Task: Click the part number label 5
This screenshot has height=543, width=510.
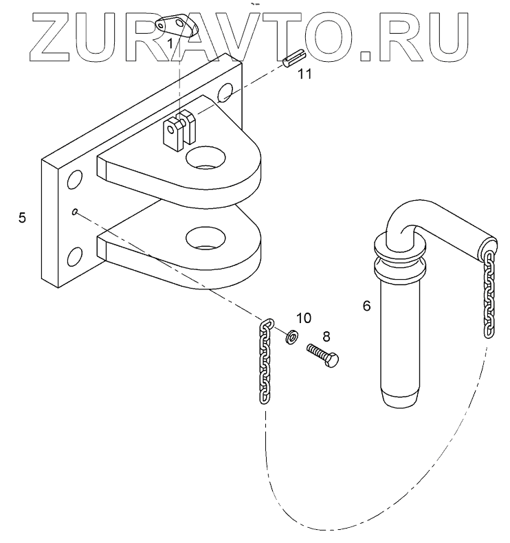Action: click(x=23, y=219)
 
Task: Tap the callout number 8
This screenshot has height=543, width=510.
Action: click(x=326, y=337)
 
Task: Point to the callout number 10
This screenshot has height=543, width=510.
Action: click(x=303, y=318)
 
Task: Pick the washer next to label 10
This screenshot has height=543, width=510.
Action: click(x=291, y=336)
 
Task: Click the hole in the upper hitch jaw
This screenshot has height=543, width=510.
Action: click(x=206, y=156)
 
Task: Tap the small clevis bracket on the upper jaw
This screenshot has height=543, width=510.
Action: click(x=178, y=131)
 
